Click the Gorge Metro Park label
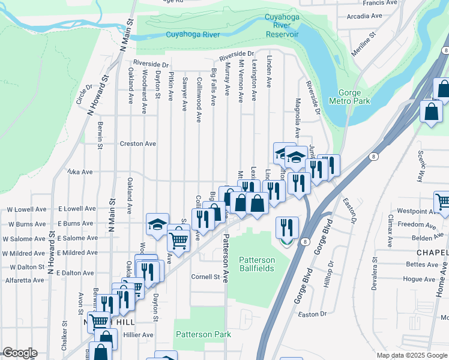click(354, 97)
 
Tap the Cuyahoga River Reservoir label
click(282, 26)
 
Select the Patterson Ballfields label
click(257, 264)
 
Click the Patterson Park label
click(202, 334)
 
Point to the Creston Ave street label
click(137, 143)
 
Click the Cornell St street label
click(206, 277)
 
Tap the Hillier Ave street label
click(138, 335)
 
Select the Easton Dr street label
click(312, 313)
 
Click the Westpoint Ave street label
click(415, 211)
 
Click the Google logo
click(20, 353)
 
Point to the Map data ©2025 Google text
click(412, 355)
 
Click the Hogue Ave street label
click(419, 279)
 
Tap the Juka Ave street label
click(80, 172)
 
